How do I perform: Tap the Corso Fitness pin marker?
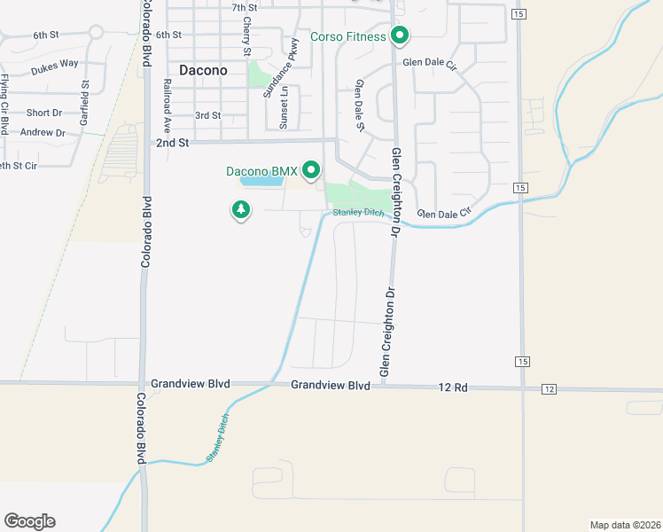click(x=400, y=36)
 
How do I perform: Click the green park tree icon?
click(x=240, y=210)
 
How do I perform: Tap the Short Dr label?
click(x=43, y=113)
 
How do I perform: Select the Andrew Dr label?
click(x=43, y=133)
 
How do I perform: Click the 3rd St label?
click(x=207, y=115)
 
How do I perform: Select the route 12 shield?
click(x=550, y=389)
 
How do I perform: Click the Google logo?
click(x=29, y=520)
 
